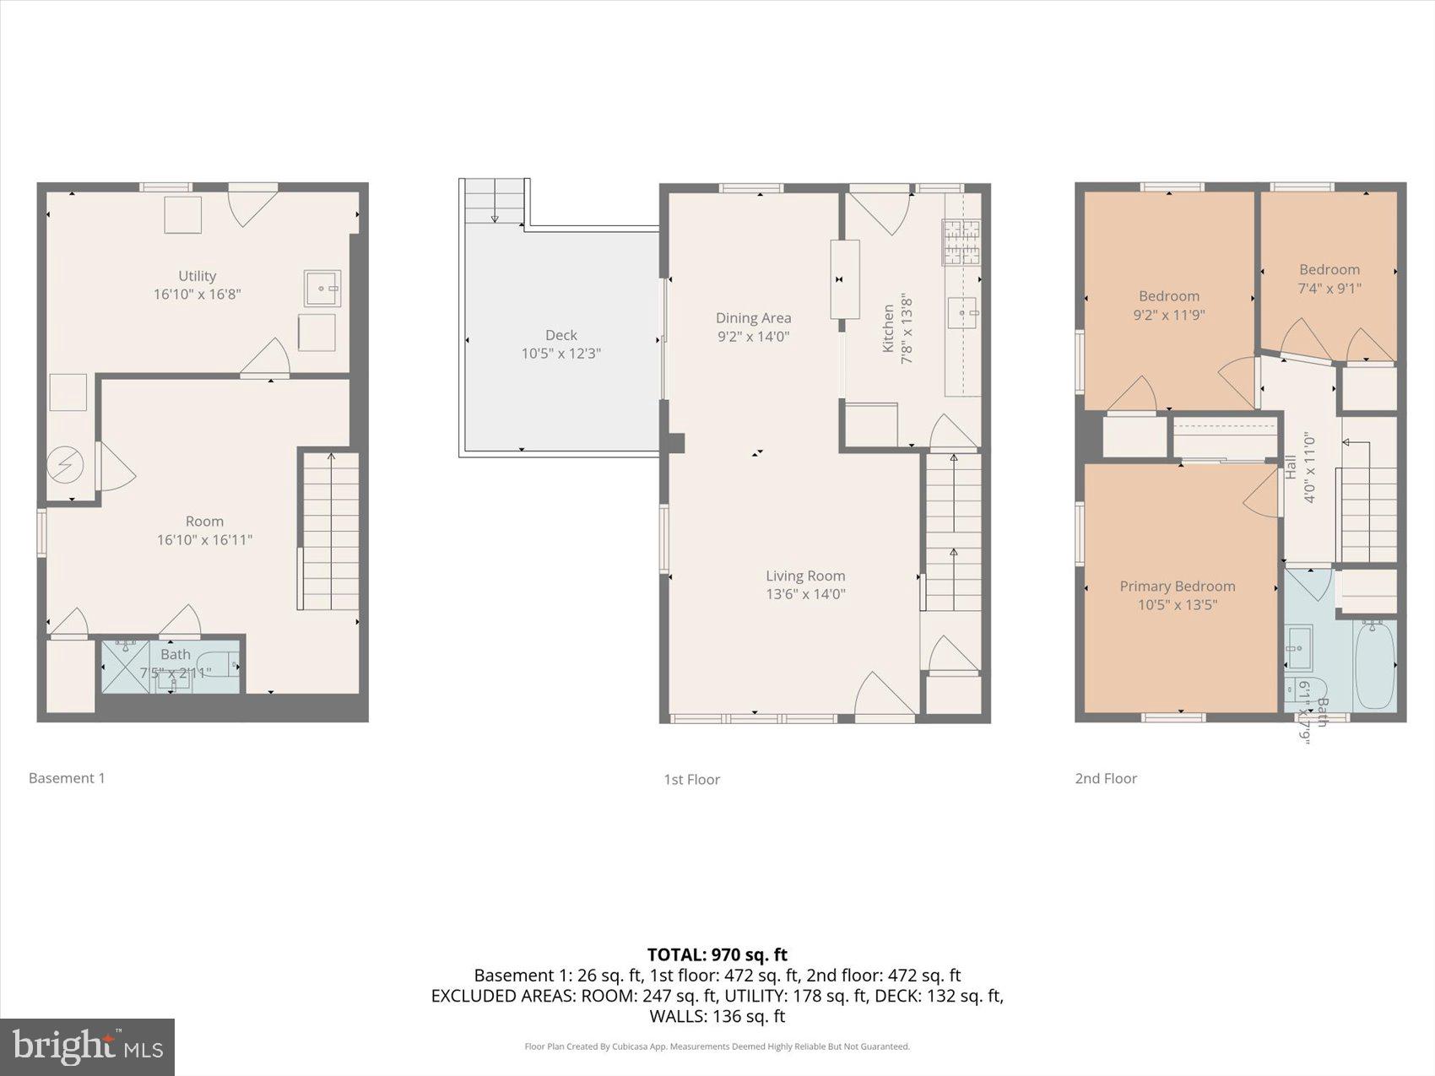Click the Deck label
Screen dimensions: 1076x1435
coord(560,335)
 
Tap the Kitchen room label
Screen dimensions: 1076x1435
coord(888,328)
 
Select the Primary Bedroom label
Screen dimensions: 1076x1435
coord(1177,586)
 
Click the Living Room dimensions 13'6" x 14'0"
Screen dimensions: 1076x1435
coord(804,594)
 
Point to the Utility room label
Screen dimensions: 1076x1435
coord(197,276)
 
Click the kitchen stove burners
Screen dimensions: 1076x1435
coord(961,243)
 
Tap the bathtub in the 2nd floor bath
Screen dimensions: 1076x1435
coord(1374,665)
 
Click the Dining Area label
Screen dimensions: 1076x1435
coord(753,318)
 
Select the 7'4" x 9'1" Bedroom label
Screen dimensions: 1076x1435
coord(1329,270)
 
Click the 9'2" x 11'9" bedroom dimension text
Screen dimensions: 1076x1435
coord(1168,315)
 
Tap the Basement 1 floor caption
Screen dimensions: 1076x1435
coord(67,778)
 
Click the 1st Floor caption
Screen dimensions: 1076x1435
coord(691,780)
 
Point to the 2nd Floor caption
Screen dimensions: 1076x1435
coord(1105,779)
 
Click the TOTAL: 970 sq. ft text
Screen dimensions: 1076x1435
coord(717,954)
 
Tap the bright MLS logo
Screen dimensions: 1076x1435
coord(88,1047)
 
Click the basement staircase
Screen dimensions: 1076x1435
coord(330,532)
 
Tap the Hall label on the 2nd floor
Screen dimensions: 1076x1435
coord(1290,468)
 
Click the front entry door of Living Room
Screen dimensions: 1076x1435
coord(884,699)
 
